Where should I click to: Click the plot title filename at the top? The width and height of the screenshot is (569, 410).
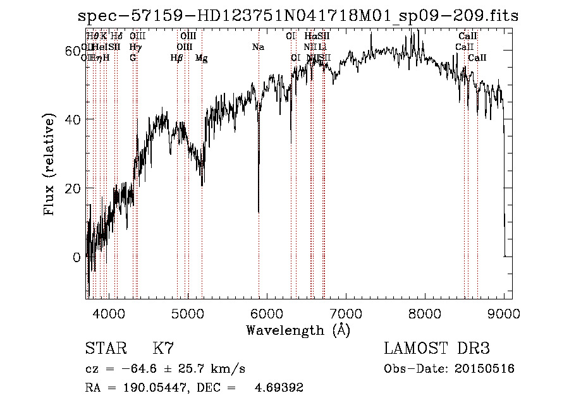[x=298, y=16]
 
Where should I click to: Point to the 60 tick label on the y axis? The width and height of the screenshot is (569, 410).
[x=73, y=50]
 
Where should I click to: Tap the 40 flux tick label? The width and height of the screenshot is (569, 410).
[x=73, y=119]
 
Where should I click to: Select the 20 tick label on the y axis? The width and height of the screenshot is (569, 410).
[x=73, y=188]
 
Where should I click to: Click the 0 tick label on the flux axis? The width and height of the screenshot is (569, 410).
[x=76, y=257]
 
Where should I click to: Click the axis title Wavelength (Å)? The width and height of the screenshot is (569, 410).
[x=298, y=330]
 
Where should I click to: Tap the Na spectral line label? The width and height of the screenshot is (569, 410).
[x=258, y=47]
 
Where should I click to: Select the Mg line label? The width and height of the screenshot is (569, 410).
[x=201, y=58]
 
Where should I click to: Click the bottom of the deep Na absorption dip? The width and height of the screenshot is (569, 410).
[x=259, y=212]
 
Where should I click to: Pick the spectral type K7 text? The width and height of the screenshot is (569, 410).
[x=163, y=349]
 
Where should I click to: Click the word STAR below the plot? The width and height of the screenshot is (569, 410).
[x=104, y=349]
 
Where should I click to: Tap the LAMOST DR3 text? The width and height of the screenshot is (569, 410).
[x=437, y=349]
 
